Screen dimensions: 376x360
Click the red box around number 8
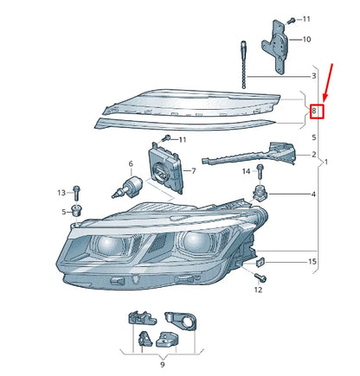pos(317,112)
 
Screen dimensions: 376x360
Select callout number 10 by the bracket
pos(307,40)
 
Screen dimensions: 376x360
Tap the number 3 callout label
pos(314,77)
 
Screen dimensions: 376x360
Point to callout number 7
pos(194,171)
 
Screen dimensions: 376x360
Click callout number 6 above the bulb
pos(131,164)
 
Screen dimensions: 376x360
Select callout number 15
pos(313,261)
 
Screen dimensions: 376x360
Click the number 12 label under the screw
pos(258,290)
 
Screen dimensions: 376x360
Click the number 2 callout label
pos(313,155)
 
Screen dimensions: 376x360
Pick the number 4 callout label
pos(313,194)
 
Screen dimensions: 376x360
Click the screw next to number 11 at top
pos(292,18)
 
